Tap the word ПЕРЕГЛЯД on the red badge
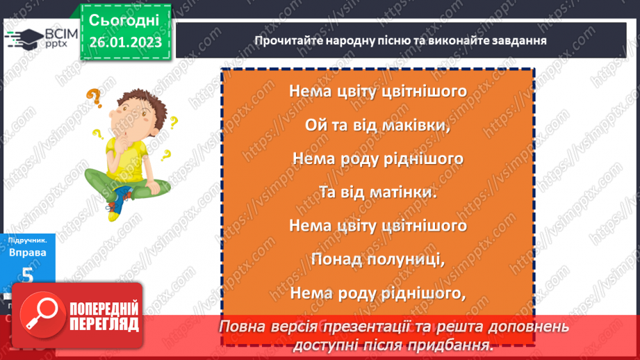103,324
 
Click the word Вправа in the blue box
27,253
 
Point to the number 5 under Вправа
28,275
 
